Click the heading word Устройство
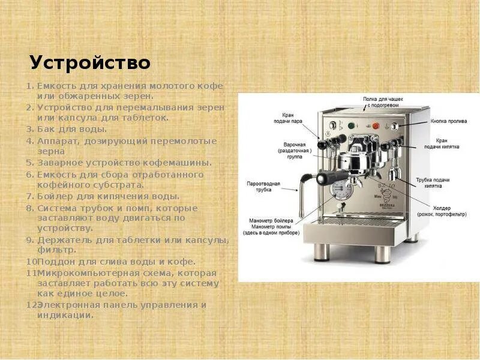pyautogui.click(x=90, y=62)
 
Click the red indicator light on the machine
pyautogui.click(x=376, y=126)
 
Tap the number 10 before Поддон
pyautogui.click(x=31, y=262)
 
